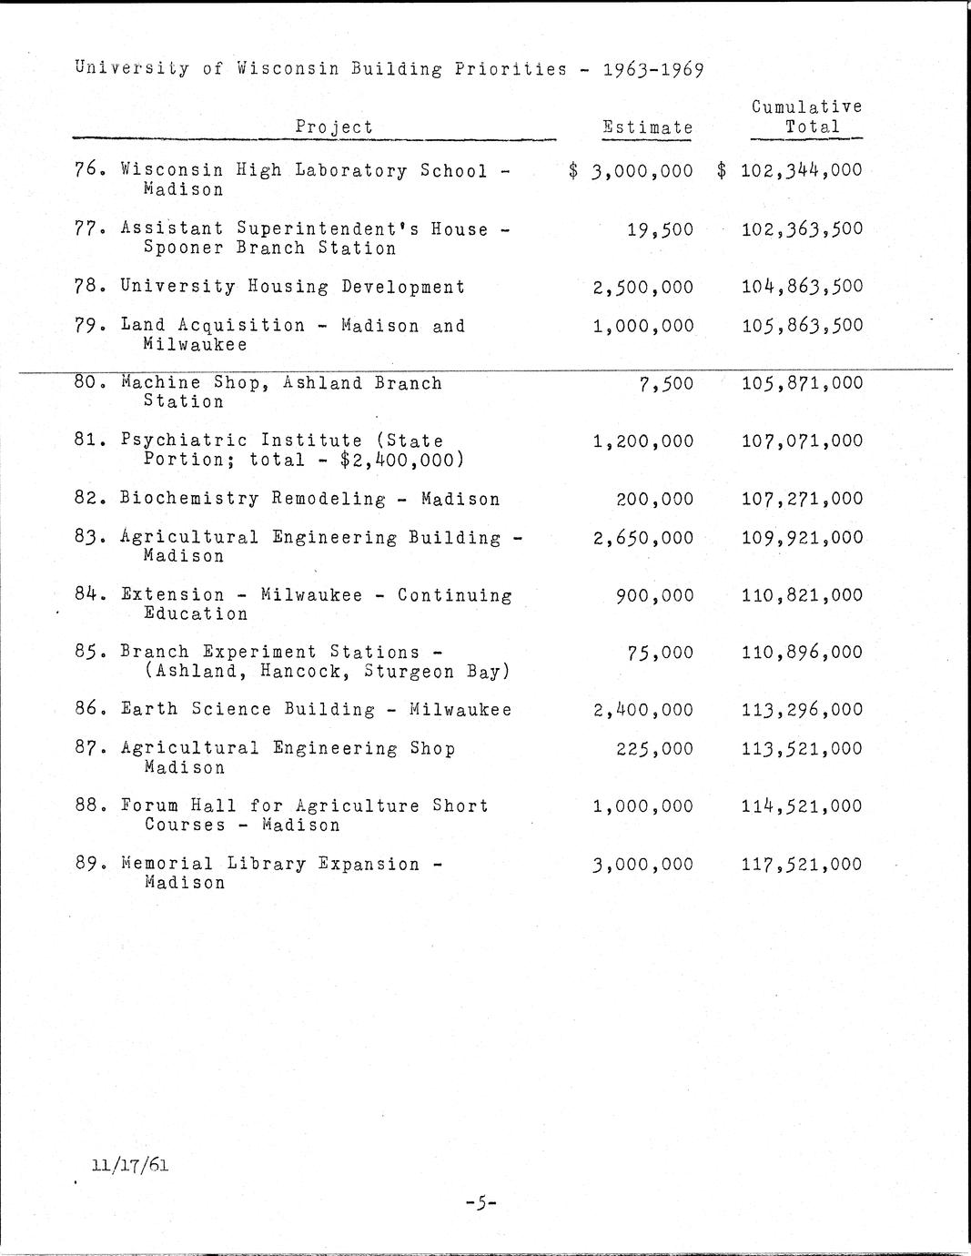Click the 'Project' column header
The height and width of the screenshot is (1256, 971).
point(334,127)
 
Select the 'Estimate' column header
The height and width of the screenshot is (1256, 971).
point(647,128)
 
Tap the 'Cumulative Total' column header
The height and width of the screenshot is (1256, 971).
point(806,117)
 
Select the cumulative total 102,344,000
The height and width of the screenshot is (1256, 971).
point(801,170)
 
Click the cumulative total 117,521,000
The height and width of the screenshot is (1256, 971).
point(801,865)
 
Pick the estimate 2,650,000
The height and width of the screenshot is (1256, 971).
point(642,538)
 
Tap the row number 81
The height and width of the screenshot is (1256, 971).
point(87,441)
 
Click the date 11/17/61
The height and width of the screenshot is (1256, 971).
point(130,1164)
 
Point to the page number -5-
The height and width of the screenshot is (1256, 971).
point(480,1203)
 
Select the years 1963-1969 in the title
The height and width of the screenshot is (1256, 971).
point(652,69)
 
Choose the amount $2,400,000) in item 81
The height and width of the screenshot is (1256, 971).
point(401,461)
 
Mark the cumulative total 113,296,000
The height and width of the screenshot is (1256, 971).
point(801,710)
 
